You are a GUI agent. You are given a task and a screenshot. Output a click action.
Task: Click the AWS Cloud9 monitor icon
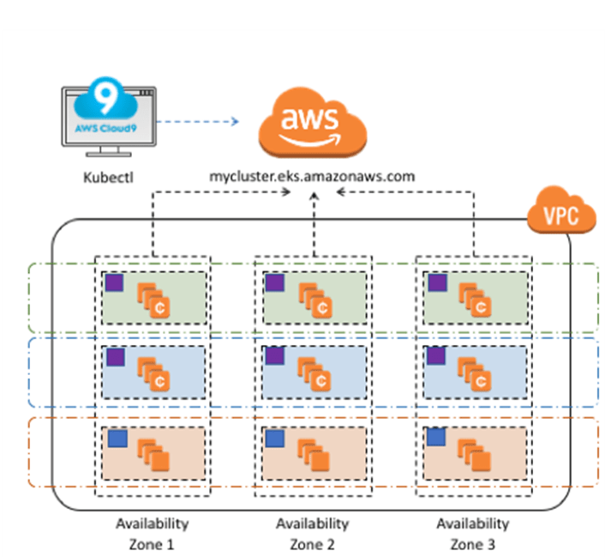(109, 117)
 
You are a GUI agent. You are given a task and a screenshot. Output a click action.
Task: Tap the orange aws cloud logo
(313, 123)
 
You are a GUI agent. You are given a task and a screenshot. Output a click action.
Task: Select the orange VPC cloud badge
(561, 210)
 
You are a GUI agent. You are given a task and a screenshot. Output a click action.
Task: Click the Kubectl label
(109, 178)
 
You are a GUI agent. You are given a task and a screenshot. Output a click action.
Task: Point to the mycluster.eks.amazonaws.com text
(312, 176)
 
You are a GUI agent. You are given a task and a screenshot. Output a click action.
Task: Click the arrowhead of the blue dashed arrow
(235, 121)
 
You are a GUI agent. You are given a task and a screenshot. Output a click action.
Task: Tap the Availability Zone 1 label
(152, 534)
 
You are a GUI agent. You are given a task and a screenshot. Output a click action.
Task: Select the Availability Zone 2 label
(312, 534)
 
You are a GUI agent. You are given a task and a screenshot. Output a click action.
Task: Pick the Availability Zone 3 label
(473, 534)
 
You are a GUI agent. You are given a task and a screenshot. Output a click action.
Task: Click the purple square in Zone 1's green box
(115, 282)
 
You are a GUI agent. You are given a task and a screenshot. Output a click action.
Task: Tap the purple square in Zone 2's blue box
(275, 356)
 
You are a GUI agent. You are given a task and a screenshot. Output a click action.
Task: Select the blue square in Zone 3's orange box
(436, 437)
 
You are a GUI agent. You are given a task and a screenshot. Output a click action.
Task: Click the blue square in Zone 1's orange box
(117, 439)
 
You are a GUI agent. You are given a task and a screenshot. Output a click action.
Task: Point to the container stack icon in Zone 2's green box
(314, 300)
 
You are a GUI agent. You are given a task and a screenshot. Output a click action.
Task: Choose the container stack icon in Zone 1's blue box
(153, 374)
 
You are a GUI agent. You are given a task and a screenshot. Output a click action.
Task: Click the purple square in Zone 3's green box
(438, 282)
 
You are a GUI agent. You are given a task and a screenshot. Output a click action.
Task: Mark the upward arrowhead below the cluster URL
(314, 197)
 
